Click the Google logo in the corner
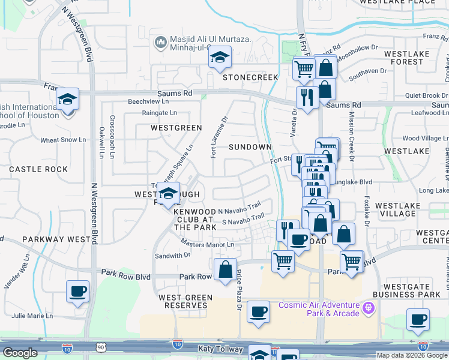[20, 353]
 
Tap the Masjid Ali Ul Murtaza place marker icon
[160, 42]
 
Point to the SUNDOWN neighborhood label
[250, 146]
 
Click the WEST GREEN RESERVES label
[185, 301]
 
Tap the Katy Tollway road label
[220, 349]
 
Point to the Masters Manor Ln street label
[208, 244]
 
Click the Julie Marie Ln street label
[32, 316]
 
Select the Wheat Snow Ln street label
[59, 140]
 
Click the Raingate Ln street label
[160, 112]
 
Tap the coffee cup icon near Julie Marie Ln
[78, 292]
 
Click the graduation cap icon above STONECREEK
[220, 58]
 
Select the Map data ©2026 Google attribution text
[412, 355]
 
